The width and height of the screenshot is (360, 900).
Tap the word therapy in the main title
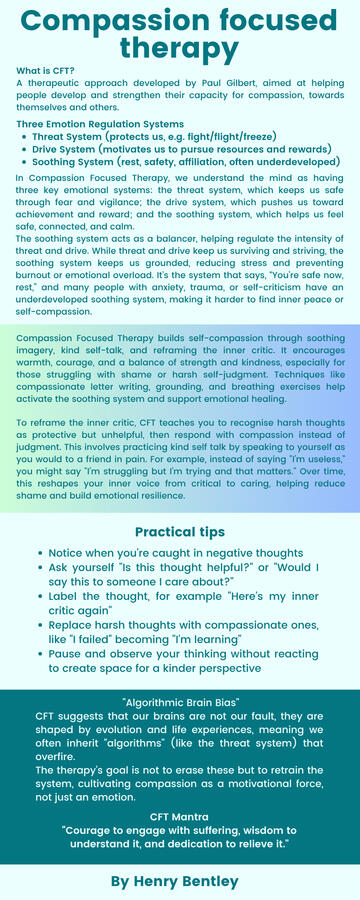[180, 47]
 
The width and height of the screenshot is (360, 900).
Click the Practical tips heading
[180, 531]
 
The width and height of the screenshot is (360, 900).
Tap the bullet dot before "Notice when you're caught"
[38, 553]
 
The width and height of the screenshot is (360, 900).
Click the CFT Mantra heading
[180, 817]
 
